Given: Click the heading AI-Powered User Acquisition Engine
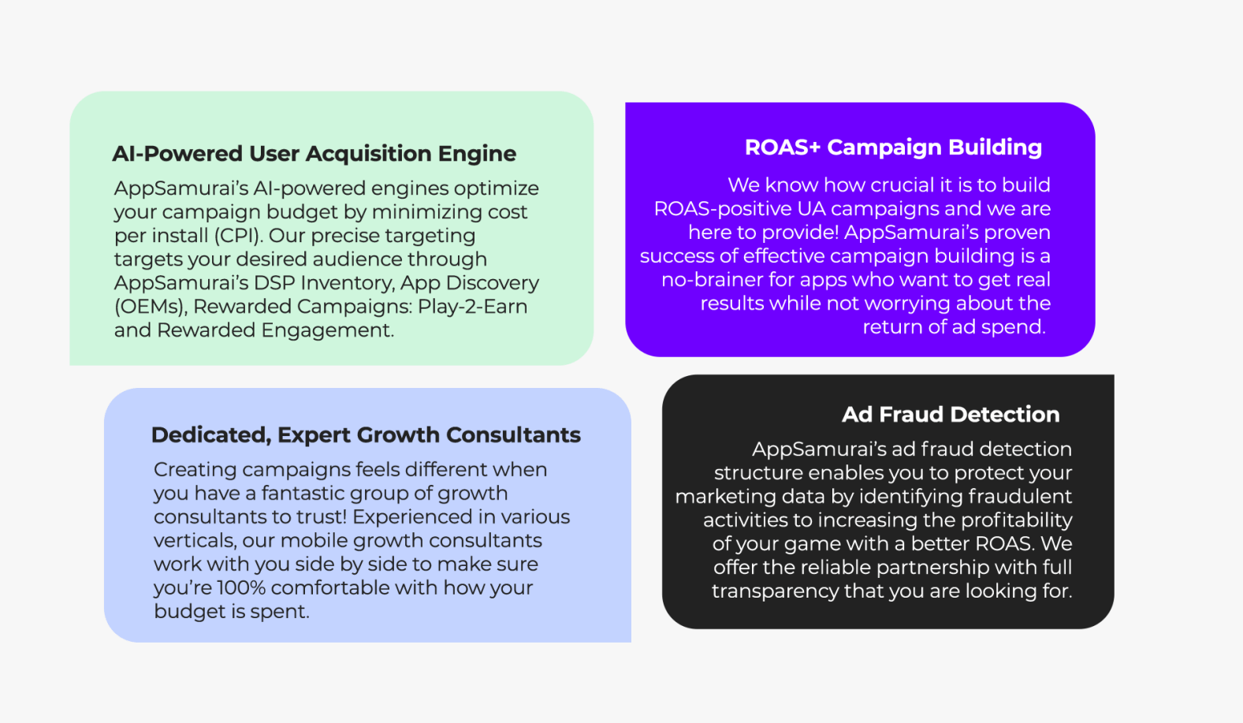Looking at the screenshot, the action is click(314, 154).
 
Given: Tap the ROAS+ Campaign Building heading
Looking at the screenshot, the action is click(893, 147).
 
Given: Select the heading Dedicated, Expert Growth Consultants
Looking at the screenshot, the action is click(366, 435).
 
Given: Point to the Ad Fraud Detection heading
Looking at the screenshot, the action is click(951, 415).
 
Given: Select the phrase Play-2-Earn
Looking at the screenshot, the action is click(472, 306).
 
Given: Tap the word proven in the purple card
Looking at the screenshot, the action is click(1017, 233).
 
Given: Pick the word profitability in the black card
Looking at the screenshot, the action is click(1017, 520).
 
